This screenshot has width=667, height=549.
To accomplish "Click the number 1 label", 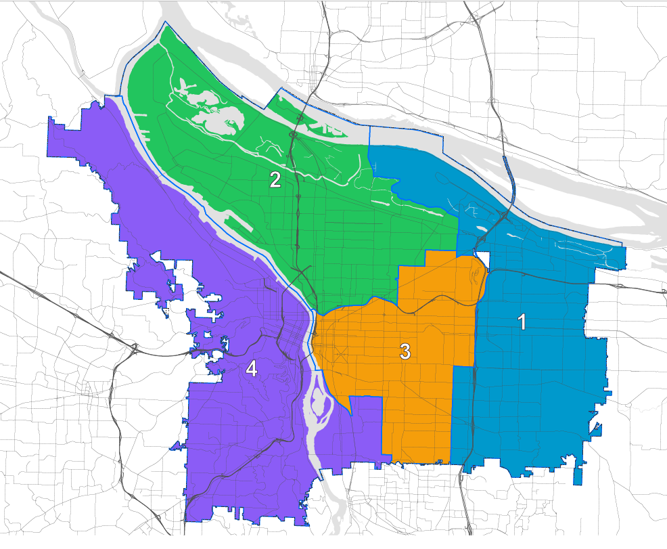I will (x=522, y=322).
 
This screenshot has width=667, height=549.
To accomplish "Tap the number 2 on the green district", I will (x=275, y=179).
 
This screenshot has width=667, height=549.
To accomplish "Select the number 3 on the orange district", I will (x=405, y=351).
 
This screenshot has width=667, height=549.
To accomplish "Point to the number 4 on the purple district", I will (x=251, y=369).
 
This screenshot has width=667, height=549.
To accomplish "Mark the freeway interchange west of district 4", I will (x=136, y=349).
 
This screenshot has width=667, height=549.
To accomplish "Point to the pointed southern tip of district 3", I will (x=350, y=412).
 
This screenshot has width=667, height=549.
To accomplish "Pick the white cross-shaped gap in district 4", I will (x=214, y=315).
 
